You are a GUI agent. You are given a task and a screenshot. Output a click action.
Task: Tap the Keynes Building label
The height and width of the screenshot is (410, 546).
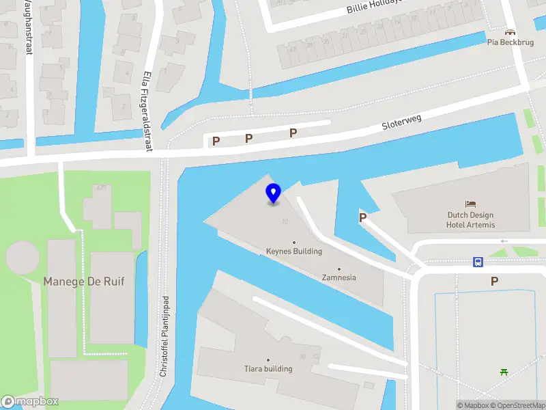[x=294, y=251]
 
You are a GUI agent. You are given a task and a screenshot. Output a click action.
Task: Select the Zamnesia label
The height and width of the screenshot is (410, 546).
[x=339, y=277]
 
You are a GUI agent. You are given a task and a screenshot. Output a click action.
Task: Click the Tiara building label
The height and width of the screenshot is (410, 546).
[x=268, y=369]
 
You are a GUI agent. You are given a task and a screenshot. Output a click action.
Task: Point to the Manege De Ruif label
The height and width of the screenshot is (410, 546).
[x=84, y=281]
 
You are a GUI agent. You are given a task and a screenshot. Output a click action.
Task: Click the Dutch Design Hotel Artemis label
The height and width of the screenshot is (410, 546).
[x=470, y=219]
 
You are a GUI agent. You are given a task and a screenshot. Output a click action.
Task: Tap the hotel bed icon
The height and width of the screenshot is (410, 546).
[x=470, y=204]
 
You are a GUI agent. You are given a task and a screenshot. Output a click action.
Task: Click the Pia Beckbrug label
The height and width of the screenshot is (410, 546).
[x=510, y=42]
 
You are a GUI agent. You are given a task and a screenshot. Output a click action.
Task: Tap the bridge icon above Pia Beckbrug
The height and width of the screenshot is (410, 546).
[x=510, y=31]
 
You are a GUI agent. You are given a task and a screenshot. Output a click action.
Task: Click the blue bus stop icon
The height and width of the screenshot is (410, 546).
[x=478, y=262]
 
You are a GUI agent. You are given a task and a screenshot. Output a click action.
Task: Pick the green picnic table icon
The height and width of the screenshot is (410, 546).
[x=504, y=372]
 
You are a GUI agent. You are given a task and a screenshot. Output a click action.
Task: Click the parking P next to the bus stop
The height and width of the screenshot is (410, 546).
[x=494, y=281]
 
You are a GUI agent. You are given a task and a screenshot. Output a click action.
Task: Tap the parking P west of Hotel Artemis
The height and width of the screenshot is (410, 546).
[x=363, y=218]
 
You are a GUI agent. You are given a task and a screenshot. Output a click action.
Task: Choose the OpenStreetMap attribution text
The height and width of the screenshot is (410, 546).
[x=517, y=405]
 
